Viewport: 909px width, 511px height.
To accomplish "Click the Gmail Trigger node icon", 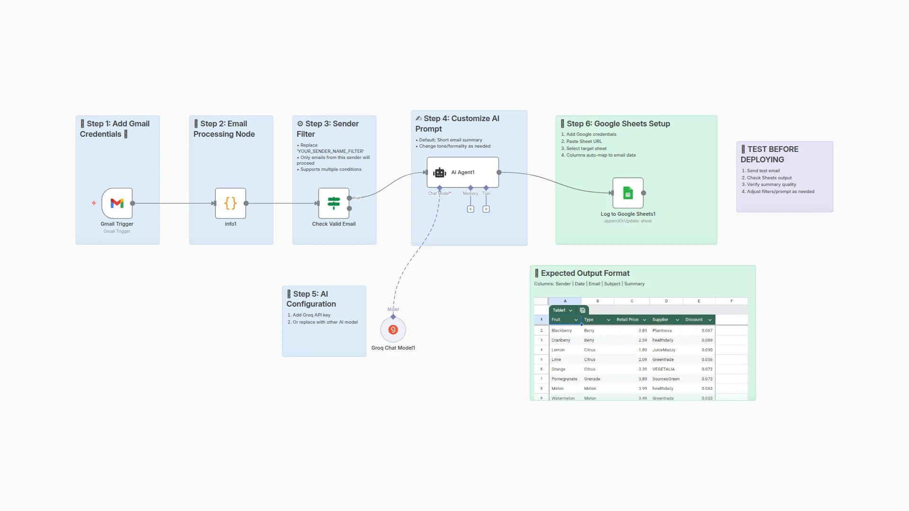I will click(117, 203).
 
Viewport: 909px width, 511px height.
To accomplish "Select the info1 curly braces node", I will click(231, 203).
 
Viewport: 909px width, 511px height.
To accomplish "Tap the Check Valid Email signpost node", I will click(333, 203).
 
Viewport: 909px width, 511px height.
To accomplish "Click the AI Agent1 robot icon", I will click(440, 173).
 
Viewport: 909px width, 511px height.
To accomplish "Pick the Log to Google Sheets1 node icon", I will click(628, 193).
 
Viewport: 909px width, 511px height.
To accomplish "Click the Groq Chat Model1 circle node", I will click(393, 330).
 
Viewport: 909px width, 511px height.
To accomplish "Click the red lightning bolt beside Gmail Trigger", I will click(94, 203).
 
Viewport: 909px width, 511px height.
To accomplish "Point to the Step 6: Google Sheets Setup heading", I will click(618, 123).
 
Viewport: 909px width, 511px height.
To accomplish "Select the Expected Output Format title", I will click(585, 273).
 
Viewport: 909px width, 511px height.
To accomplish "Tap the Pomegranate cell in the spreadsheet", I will click(564, 379).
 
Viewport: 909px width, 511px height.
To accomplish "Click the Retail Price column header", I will click(627, 320).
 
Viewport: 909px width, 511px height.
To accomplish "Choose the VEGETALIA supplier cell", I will click(663, 369).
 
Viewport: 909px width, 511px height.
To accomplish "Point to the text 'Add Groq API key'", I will click(311, 315).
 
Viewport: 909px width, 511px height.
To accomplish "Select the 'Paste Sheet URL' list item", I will click(584, 141).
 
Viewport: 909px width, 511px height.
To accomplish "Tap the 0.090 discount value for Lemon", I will click(706, 350).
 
